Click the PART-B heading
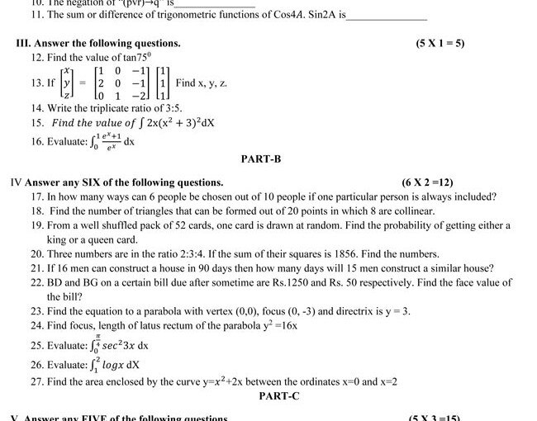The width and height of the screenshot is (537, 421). (x=262, y=158)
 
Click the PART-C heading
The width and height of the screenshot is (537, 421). (x=278, y=396)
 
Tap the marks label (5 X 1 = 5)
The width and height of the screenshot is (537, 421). (x=440, y=43)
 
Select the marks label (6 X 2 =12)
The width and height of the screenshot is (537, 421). (x=427, y=182)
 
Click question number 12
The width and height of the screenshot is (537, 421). (x=37, y=58)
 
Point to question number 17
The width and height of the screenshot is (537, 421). (x=37, y=196)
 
